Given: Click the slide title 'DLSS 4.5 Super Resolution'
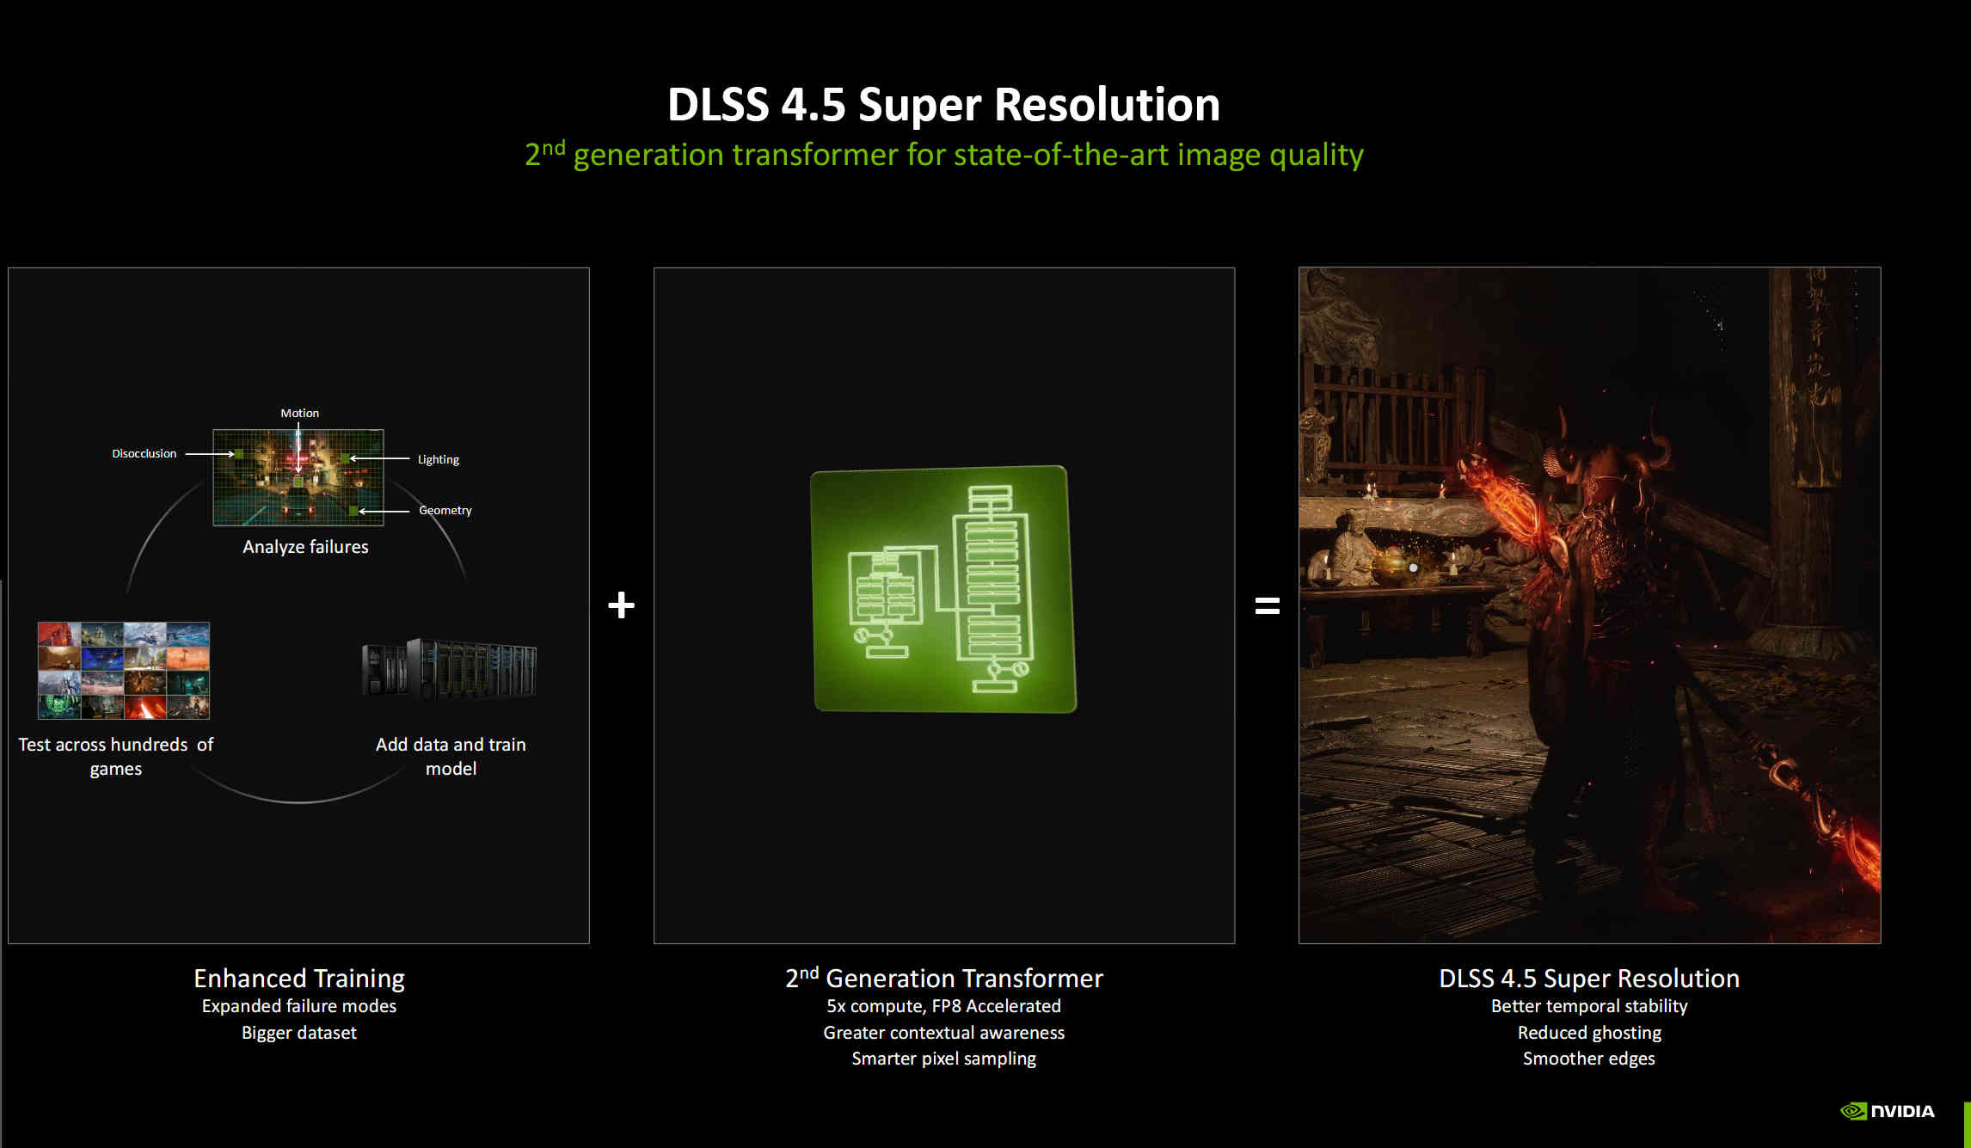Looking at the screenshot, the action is point(943,105).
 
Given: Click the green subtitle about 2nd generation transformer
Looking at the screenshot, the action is point(944,155).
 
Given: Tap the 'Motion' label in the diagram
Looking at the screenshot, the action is point(299,413).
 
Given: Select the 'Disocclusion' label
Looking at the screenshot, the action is point(144,453).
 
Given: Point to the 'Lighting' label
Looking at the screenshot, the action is point(439,459).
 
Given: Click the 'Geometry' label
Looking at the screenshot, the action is point(445,510).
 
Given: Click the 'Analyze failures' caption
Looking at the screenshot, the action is point(305,547).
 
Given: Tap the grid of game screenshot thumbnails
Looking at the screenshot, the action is point(124,671).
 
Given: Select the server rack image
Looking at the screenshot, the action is point(449,668).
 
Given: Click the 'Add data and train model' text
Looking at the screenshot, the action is point(451,757).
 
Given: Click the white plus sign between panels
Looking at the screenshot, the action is point(621,605).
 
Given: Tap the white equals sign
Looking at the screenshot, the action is point(1267,606).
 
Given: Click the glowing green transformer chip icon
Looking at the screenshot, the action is point(943,589).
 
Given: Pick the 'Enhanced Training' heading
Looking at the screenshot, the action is point(299,979).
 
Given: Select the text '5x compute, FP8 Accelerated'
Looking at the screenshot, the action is point(943,1006).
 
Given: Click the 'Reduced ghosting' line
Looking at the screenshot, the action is point(1589,1033).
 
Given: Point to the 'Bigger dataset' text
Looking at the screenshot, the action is point(299,1033).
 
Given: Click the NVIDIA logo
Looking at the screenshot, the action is point(1888,1111).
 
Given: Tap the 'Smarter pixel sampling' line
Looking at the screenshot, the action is point(943,1059).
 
